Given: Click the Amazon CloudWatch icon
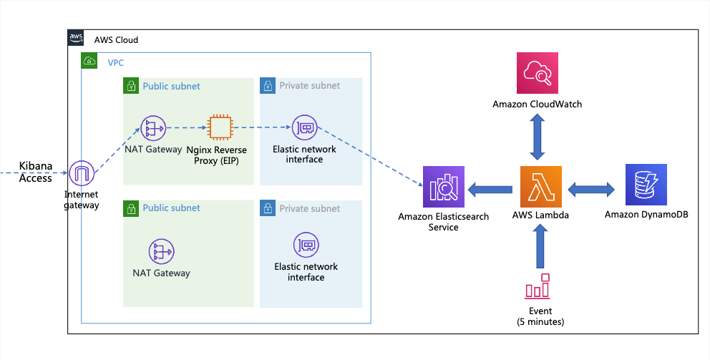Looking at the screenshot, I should tap(537, 73).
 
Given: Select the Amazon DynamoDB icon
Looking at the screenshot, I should tap(646, 186).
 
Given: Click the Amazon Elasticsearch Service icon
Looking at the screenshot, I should tap(443, 188).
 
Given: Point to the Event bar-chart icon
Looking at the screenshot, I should tap(538, 286).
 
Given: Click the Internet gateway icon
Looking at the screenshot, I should tap(82, 173).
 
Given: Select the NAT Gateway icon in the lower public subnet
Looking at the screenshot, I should tap(161, 251).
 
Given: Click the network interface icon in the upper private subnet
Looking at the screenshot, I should tap(304, 128).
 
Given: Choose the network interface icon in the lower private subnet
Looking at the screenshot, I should tap(306, 245).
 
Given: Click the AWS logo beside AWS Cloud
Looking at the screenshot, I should tap(77, 39).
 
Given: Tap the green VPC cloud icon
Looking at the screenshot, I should tap(90, 62).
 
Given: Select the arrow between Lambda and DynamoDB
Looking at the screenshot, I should tap(591, 190).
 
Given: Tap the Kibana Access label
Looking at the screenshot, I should tap(36, 172).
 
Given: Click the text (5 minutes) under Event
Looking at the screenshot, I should tap(540, 322).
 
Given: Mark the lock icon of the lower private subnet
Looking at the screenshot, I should tap(268, 208).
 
